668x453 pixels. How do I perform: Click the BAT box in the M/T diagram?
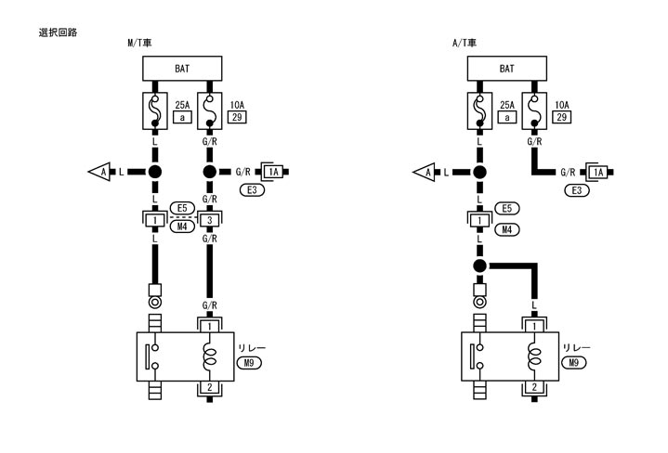click(x=182, y=69)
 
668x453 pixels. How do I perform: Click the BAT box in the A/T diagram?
click(x=506, y=69)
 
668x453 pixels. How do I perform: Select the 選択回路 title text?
click(x=58, y=32)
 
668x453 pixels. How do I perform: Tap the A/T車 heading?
click(x=465, y=43)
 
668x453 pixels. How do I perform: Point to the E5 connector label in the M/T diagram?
click(x=182, y=208)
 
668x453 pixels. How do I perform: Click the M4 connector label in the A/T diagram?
click(x=506, y=228)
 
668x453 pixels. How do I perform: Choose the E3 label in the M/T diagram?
click(x=253, y=190)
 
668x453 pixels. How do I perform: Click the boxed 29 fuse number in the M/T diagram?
click(x=235, y=118)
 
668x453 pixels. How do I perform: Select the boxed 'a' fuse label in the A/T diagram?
click(x=507, y=118)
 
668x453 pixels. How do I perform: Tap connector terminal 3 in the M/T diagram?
click(x=210, y=220)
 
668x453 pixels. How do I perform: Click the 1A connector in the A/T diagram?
click(x=597, y=173)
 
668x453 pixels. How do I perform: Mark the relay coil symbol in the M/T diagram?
click(x=210, y=356)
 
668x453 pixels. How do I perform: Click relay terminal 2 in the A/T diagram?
click(x=534, y=386)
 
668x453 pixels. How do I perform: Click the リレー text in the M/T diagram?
click(x=252, y=348)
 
